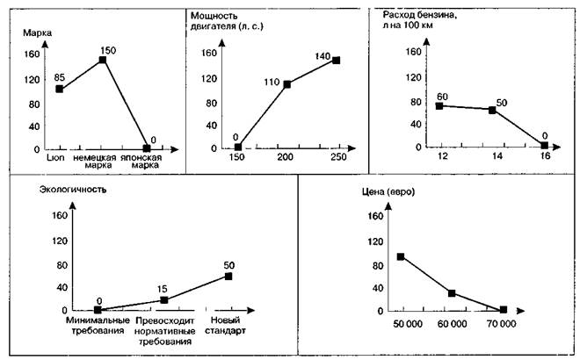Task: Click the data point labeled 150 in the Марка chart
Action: (x=104, y=60)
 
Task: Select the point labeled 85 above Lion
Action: (x=59, y=89)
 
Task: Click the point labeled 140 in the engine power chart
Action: (x=336, y=61)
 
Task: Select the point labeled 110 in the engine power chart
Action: (x=287, y=84)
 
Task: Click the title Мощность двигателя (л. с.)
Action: (x=227, y=22)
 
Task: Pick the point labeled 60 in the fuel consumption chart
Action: (x=439, y=105)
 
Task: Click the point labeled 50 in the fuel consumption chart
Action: (x=492, y=110)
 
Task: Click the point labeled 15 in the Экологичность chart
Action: (x=163, y=300)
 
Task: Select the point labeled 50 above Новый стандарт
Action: (x=228, y=276)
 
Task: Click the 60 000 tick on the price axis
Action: (x=452, y=324)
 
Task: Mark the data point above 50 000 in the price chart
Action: (x=401, y=257)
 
